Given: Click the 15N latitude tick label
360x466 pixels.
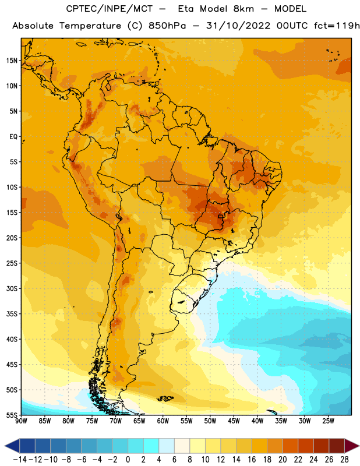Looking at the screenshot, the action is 12,61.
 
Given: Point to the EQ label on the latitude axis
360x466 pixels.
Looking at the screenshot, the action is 13,137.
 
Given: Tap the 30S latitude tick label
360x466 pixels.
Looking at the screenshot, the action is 12,288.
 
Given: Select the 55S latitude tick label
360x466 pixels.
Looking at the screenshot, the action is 12,415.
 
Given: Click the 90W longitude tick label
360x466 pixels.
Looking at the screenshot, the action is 21,421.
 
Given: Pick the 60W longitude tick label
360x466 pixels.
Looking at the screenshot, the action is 163,421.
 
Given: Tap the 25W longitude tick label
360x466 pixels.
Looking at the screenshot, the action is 328,421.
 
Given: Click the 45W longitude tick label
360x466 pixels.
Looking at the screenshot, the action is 234,421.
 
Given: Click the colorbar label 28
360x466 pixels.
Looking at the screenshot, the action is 344,460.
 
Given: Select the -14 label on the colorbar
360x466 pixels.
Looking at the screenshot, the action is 20,460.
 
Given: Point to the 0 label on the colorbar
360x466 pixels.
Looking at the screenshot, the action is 128,460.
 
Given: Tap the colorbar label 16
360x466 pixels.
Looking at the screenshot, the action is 252,460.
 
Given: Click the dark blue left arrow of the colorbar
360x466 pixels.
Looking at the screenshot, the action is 12,446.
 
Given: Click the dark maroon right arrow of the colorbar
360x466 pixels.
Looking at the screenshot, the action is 352,446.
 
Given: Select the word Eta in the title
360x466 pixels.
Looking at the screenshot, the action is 186,9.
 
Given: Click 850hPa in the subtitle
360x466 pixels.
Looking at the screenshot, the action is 167,26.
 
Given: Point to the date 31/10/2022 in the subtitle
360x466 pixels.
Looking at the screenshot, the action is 238,26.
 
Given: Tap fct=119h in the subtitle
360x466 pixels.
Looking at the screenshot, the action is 337,26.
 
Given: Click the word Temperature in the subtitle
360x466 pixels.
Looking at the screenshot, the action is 90,26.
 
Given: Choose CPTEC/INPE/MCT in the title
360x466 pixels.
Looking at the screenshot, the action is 110,9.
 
